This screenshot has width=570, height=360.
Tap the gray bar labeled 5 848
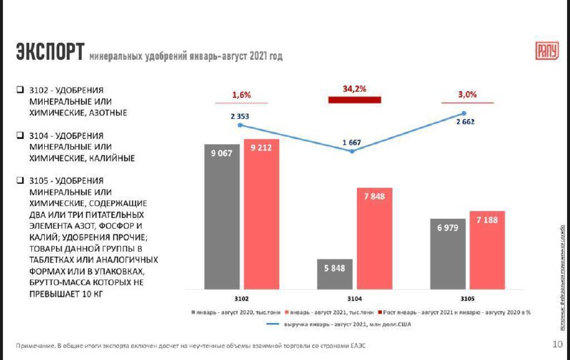(336, 274)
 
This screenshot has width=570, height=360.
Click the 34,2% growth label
(354, 89)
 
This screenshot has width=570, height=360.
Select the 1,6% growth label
(242, 95)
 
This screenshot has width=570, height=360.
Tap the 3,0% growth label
(467, 94)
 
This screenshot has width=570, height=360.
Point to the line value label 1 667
(351, 143)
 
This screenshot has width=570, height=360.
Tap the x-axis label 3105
(467, 299)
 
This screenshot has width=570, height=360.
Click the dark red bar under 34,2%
(355, 100)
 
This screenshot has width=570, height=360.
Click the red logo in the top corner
(546, 51)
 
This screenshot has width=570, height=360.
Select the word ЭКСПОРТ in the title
(51, 52)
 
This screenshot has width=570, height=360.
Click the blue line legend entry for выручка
(335, 324)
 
